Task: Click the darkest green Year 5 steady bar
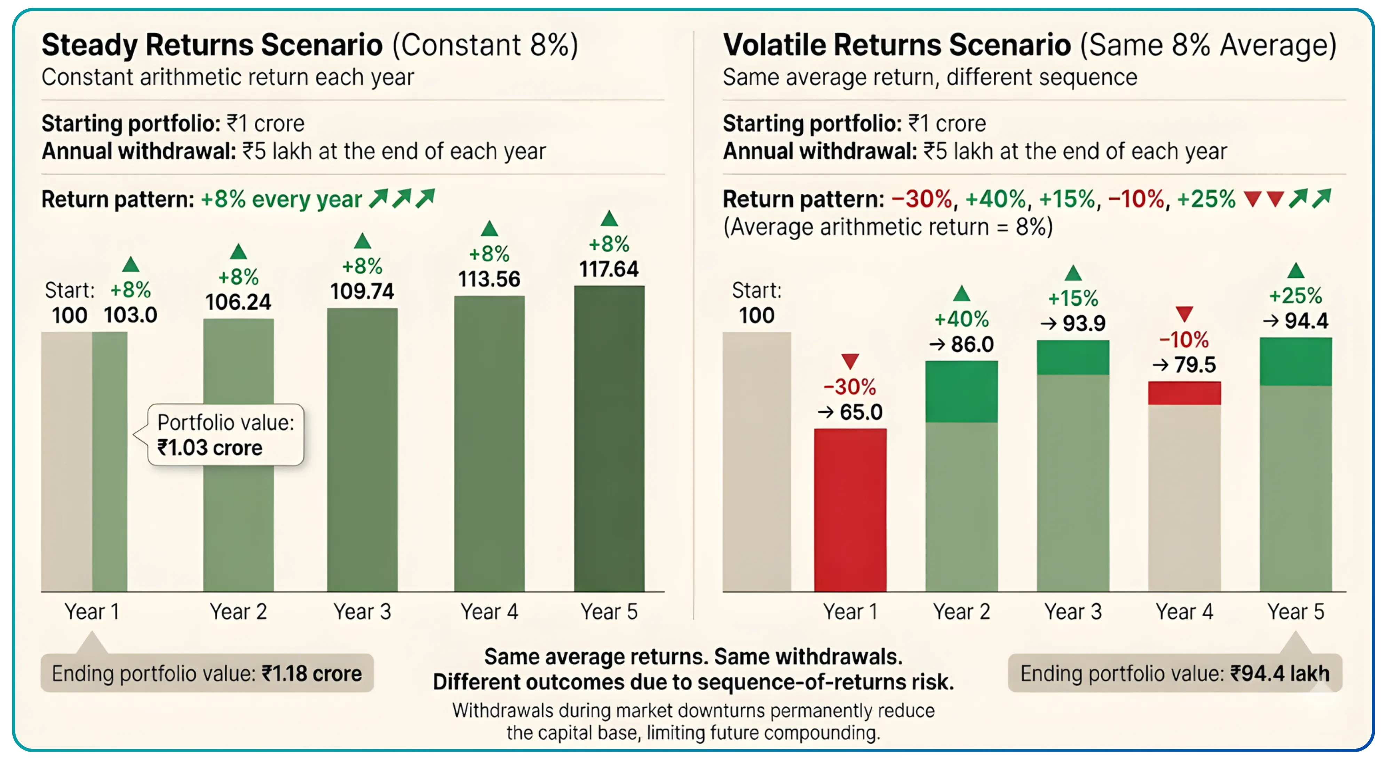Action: coord(609,439)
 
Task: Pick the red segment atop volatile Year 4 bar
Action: coord(1184,393)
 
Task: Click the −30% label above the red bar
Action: coord(850,387)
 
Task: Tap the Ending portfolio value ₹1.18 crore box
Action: coord(207,673)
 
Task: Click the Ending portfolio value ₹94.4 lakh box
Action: coord(1175,673)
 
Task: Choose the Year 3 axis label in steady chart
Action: coord(362,612)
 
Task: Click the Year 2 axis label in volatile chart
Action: coord(962,612)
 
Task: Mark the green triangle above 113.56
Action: coord(489,229)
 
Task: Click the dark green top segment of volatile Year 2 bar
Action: coord(962,392)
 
